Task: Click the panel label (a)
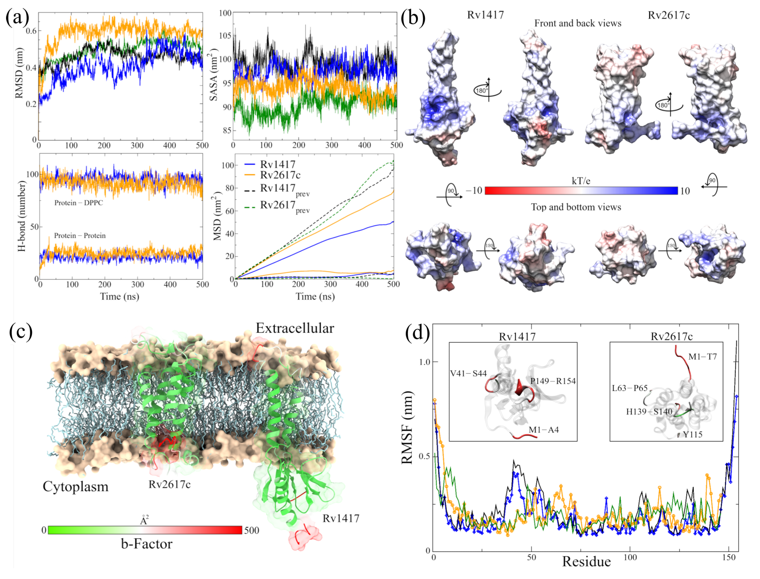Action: pos(17,17)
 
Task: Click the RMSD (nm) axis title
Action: pos(19,73)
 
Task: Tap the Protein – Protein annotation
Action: pos(80,236)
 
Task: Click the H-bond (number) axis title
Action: pos(21,216)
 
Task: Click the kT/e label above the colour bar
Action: pos(581,181)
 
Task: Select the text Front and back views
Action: pos(577,23)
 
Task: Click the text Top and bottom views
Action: pos(576,207)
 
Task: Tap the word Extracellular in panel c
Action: pos(295,328)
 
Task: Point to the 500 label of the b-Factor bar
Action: pos(252,530)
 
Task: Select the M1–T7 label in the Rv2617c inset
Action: pos(702,357)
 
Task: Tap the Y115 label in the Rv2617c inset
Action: pos(693,435)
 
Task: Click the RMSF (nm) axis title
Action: pos(407,427)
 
